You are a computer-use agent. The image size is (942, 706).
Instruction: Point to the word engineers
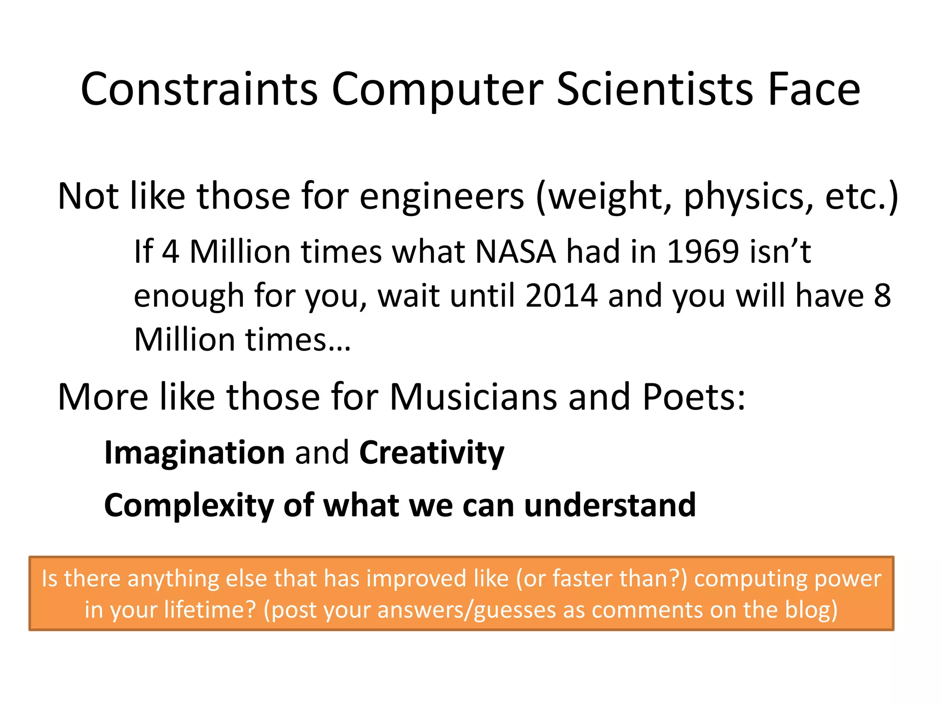coord(441,197)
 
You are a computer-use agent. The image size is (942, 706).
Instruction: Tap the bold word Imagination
coord(195,453)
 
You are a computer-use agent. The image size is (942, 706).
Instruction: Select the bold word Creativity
coord(431,453)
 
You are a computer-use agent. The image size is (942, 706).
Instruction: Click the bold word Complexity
coord(189,506)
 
